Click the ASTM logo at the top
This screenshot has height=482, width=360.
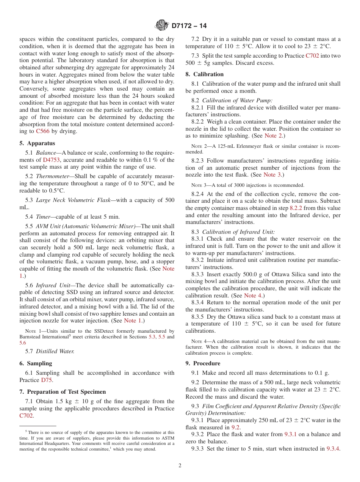(x=162, y=25)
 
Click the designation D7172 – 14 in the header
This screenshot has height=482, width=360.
(x=189, y=26)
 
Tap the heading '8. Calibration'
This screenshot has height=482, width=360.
(x=204, y=74)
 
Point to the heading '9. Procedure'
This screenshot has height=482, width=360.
(x=203, y=363)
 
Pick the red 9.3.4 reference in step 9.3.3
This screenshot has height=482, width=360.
(x=333, y=449)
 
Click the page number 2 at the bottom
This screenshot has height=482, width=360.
(x=180, y=466)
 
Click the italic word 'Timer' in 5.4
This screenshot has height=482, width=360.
(x=44, y=217)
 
